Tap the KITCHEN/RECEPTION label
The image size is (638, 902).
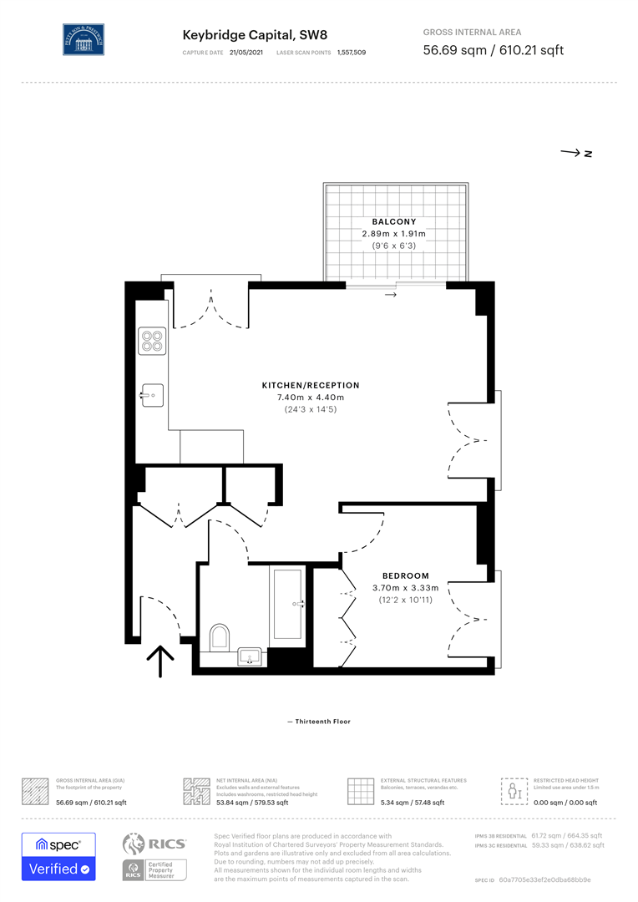(311, 385)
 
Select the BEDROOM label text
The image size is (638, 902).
(406, 575)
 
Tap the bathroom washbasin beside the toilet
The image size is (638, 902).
(251, 657)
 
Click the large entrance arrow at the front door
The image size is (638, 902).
(160, 664)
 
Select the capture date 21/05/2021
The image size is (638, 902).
(246, 53)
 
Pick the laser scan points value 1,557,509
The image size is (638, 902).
(351, 53)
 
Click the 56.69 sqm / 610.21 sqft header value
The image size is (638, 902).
(493, 50)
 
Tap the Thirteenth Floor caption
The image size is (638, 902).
(319, 722)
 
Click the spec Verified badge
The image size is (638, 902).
(58, 856)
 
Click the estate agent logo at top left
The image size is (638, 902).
(84, 39)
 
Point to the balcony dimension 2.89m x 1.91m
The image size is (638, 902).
(393, 234)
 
